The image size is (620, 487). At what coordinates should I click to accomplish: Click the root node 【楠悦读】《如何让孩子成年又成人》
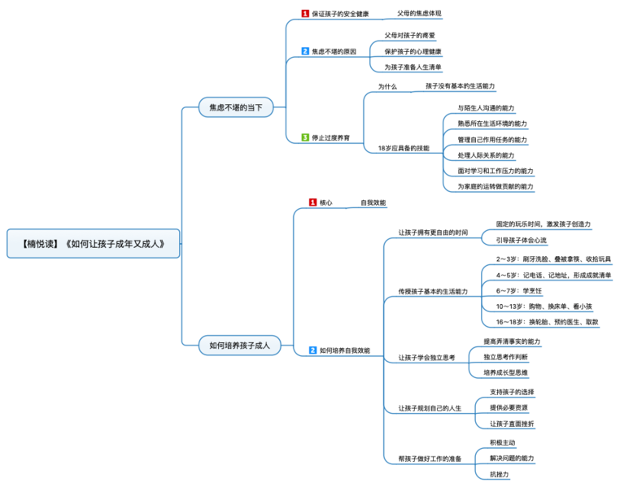pyautogui.click(x=93, y=243)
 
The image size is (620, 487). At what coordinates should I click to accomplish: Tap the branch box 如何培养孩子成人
pyautogui.click(x=239, y=346)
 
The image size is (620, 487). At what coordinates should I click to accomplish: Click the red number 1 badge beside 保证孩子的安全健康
pyautogui.click(x=305, y=14)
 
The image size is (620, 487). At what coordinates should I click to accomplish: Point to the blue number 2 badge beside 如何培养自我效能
pyautogui.click(x=312, y=350)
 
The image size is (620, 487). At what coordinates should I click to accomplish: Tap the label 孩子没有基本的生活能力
pyautogui.click(x=460, y=85)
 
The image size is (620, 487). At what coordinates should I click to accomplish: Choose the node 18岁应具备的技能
pyautogui.click(x=404, y=148)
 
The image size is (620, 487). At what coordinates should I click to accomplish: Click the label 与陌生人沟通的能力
pyautogui.click(x=486, y=108)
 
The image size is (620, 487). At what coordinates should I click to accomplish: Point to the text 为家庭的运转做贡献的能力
pyautogui.click(x=496, y=186)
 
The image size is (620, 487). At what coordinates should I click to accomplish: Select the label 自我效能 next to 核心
pyautogui.click(x=373, y=202)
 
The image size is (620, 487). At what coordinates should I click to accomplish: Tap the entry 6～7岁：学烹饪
pyautogui.click(x=515, y=290)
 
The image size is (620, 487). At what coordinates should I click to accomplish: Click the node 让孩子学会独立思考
pyautogui.click(x=426, y=357)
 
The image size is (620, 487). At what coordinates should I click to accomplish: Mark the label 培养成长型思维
pyautogui.click(x=505, y=372)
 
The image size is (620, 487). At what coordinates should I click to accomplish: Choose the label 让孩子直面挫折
pyautogui.click(x=512, y=424)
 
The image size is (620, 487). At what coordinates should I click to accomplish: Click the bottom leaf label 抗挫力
pyautogui.click(x=499, y=474)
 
